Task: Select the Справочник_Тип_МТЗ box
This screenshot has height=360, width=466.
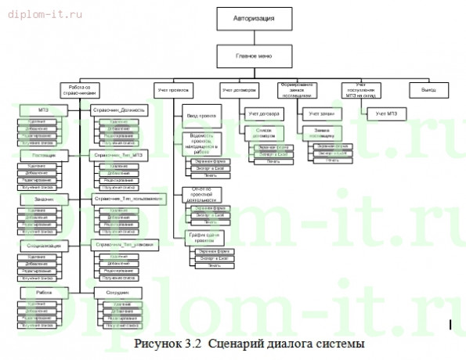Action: (119, 155)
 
